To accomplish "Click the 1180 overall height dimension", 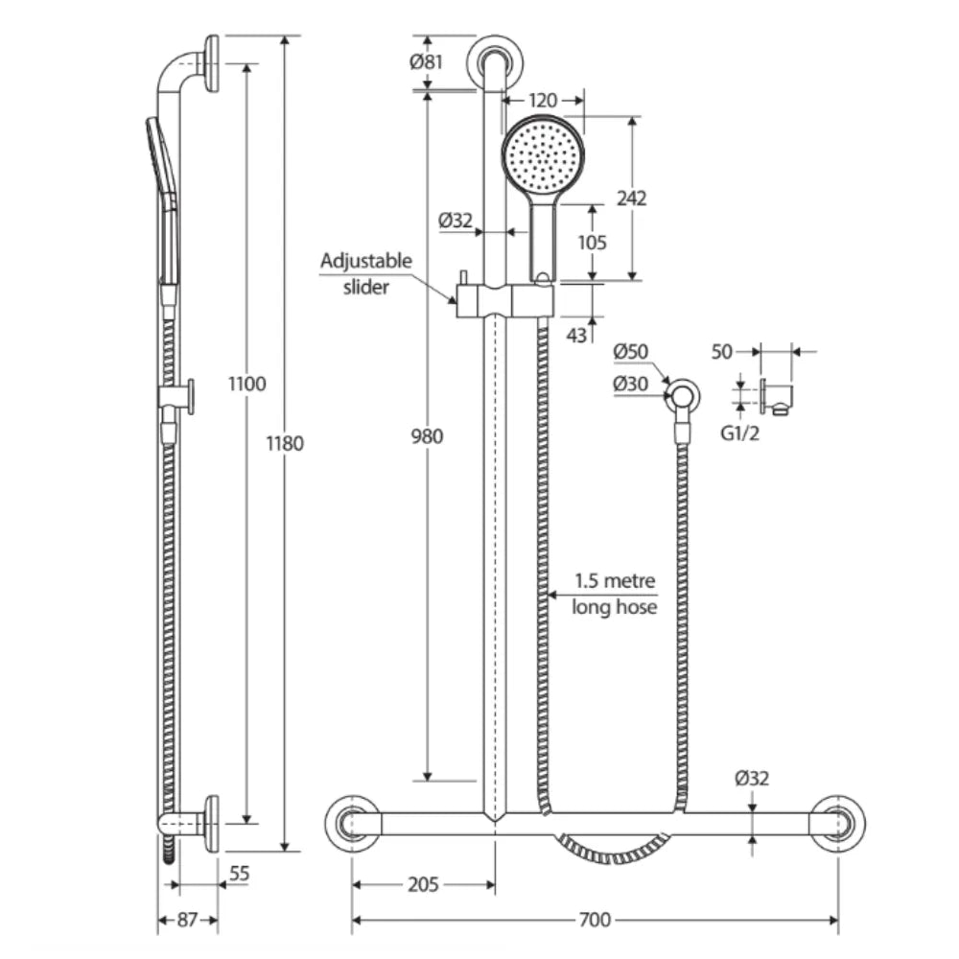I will pyautogui.click(x=285, y=443).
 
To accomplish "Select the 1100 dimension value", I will pyautogui.click(x=247, y=384).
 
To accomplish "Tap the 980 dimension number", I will pyautogui.click(x=428, y=436).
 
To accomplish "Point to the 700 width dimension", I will pyautogui.click(x=595, y=921).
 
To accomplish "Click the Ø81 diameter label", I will pyautogui.click(x=425, y=62).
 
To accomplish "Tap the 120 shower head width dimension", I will pyautogui.click(x=543, y=100).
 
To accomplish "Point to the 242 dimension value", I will pyautogui.click(x=631, y=199).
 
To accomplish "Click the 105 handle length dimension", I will pyautogui.click(x=592, y=243).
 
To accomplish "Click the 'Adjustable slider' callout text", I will pyautogui.click(x=365, y=273).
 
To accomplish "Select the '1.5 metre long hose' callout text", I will pyautogui.click(x=614, y=594).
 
